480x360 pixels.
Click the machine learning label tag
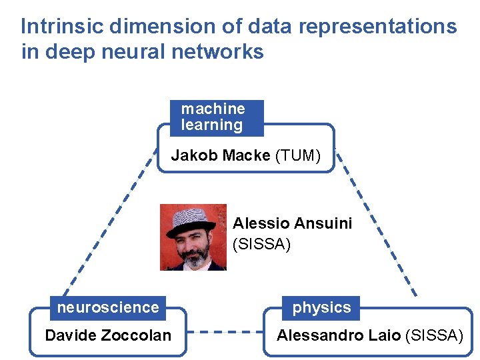(x=216, y=117)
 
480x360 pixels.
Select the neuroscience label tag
(x=108, y=307)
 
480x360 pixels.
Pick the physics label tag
(x=321, y=308)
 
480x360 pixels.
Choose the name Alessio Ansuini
(x=292, y=223)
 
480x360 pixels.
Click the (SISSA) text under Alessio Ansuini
(x=261, y=245)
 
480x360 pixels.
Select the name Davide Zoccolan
(x=108, y=335)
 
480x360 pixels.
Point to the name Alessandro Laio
(x=339, y=335)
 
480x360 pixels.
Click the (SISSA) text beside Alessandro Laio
(x=434, y=335)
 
